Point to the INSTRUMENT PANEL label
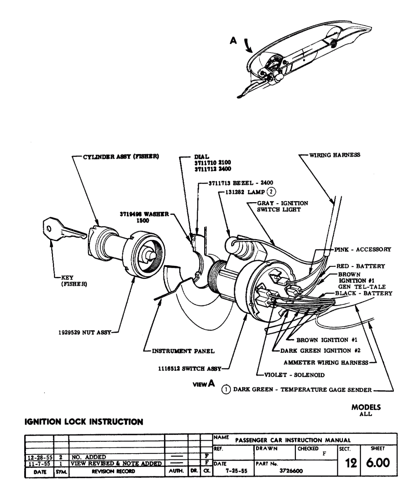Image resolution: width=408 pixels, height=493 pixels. click(x=183, y=351)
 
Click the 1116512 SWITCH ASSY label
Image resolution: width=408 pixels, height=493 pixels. click(x=190, y=369)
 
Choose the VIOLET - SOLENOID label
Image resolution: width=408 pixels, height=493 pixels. click(x=294, y=375)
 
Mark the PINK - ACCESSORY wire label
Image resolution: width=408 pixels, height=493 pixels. click(x=363, y=250)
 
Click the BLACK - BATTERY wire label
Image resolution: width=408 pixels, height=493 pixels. click(x=364, y=293)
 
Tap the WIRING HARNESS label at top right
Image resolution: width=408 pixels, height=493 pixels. click(x=334, y=155)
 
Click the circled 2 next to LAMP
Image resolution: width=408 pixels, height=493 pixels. click(x=272, y=192)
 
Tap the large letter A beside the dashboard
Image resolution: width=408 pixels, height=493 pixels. click(x=233, y=41)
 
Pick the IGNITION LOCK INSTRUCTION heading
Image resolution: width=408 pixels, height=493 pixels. click(x=84, y=422)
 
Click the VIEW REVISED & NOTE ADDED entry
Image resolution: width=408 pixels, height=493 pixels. click(x=116, y=463)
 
